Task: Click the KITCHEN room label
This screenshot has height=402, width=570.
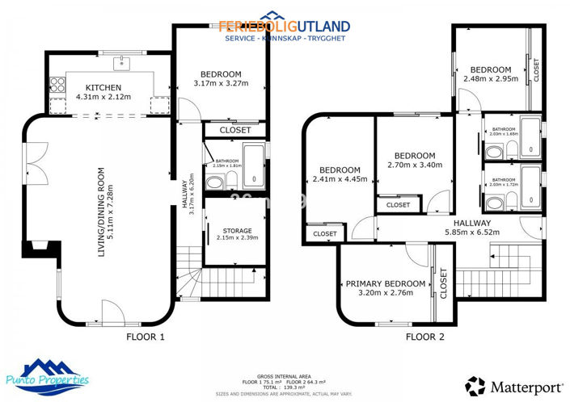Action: tap(103, 87)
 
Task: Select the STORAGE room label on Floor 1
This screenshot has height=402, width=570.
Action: tap(237, 231)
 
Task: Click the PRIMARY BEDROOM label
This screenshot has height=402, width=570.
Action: tap(386, 283)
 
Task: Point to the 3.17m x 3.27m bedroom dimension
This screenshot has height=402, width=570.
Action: tap(222, 82)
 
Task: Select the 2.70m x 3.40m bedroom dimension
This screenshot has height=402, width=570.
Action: tap(415, 165)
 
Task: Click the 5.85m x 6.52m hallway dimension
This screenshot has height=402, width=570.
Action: tap(472, 232)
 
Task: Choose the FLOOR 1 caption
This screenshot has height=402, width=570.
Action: tap(146, 337)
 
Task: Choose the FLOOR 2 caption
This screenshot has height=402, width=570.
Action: tap(425, 337)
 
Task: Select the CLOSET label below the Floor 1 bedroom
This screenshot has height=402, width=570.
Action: tap(235, 130)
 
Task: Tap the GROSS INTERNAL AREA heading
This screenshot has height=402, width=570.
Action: tap(285, 376)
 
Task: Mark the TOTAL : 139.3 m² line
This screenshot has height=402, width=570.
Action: tap(285, 386)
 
